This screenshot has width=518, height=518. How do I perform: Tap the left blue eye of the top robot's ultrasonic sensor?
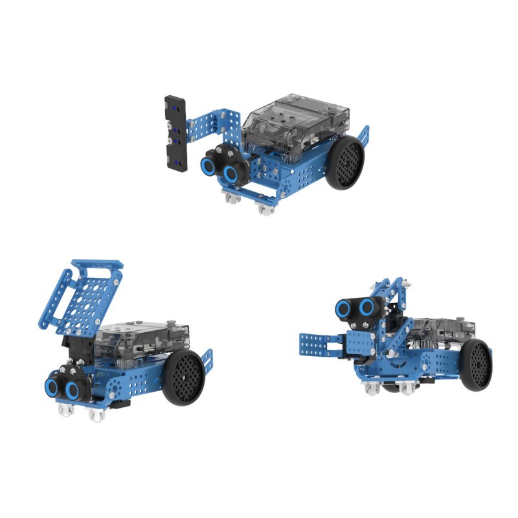209,165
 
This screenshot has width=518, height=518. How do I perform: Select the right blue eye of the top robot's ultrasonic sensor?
230,172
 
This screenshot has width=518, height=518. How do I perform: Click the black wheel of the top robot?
344,163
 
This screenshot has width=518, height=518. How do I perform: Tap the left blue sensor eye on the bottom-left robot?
52,387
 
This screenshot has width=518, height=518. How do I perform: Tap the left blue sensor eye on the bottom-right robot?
344,306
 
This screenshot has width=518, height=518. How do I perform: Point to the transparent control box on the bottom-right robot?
440,333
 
